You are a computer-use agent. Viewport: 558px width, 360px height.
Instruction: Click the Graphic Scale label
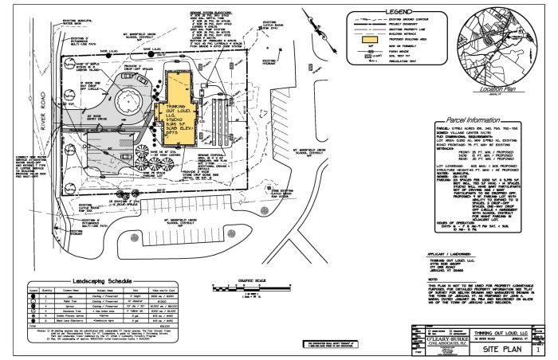point(255,280)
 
